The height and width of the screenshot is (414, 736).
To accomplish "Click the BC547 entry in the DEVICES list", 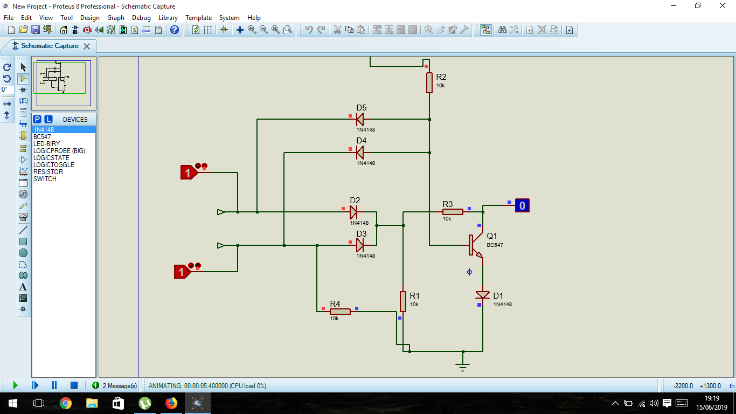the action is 42,137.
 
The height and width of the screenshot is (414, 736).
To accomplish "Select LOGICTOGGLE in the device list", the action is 53,165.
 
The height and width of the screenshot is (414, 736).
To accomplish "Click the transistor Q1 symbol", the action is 475,245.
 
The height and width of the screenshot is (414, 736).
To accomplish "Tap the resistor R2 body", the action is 429,82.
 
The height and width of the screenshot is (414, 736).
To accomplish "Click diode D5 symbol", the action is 359,119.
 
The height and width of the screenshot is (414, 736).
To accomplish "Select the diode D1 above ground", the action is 482,295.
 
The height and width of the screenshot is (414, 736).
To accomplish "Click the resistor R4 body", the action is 340,312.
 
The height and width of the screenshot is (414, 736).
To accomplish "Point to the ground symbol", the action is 463,367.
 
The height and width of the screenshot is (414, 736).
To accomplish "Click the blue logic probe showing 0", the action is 522,205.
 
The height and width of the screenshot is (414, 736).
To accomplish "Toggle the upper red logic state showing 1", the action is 189,172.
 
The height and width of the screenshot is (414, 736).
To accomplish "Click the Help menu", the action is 254,18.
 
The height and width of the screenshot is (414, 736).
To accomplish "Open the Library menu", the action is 168,18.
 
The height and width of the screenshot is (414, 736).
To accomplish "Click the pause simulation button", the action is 54,385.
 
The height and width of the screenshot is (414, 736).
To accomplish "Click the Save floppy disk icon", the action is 36,30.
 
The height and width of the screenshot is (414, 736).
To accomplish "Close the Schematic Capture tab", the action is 87,46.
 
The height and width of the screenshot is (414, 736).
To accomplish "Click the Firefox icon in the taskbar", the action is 171,403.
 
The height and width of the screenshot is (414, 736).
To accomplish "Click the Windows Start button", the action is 13,403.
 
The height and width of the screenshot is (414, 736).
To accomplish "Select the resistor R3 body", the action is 453,212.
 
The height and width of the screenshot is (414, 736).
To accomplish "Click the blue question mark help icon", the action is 175,30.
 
